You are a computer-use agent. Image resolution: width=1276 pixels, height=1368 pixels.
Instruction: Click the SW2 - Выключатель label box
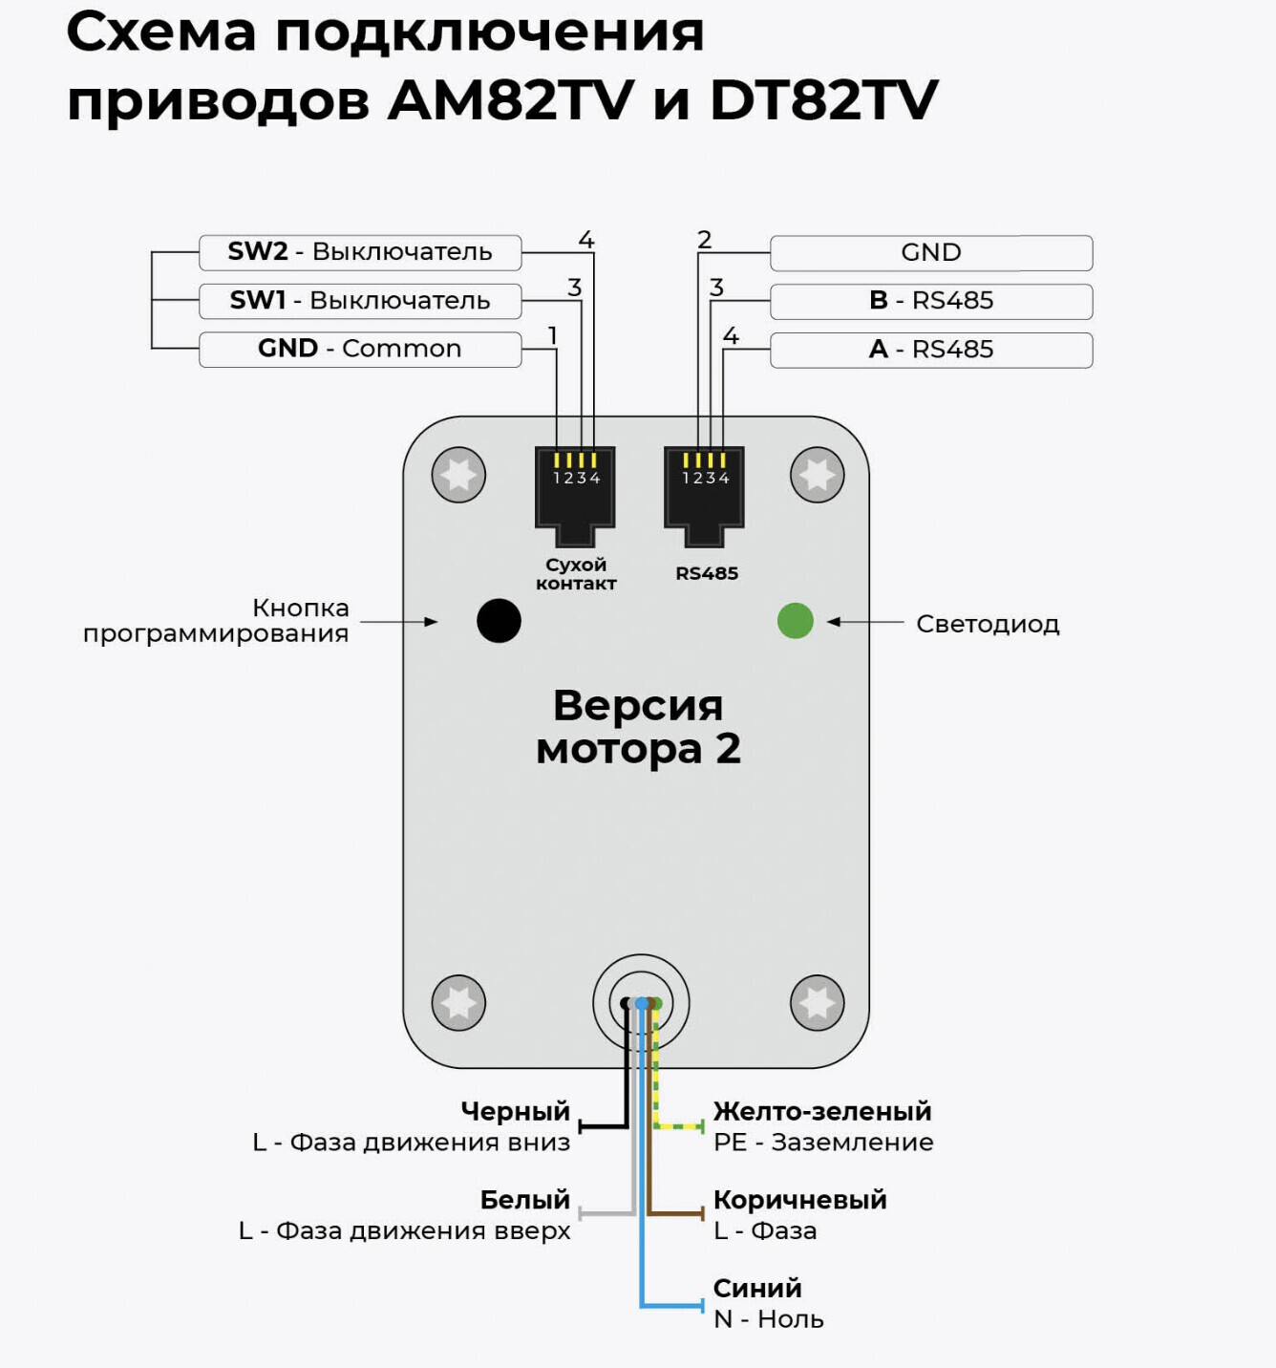(x=360, y=252)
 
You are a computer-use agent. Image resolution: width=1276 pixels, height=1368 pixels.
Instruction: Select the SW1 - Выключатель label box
(x=360, y=301)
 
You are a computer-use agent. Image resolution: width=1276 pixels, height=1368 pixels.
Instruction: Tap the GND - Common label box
(x=360, y=349)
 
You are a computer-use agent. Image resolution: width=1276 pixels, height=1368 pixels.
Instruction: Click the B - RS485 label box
(x=931, y=301)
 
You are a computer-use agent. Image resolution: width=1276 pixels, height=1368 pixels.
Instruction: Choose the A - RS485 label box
(x=931, y=350)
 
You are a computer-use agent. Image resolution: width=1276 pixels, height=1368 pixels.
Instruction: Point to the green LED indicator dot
(x=796, y=621)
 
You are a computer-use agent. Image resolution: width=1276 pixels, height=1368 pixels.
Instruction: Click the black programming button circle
(x=499, y=621)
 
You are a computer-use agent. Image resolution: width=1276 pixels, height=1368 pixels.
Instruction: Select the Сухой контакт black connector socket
(x=575, y=492)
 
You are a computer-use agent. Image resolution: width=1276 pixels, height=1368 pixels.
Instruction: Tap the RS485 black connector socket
(x=704, y=492)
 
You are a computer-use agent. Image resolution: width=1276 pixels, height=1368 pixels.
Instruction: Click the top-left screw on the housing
(x=458, y=475)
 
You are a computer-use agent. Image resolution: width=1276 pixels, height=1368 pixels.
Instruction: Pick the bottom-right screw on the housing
(x=818, y=1003)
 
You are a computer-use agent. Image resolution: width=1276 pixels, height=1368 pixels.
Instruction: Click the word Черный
(x=515, y=1111)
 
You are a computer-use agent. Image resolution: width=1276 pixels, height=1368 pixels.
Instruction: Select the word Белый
(x=524, y=1200)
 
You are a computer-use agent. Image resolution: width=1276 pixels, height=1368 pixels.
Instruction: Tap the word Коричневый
(x=799, y=1200)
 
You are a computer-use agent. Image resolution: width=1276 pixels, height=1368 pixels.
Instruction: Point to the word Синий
(x=757, y=1288)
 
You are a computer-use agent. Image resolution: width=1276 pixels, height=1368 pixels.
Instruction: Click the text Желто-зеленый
(x=821, y=1111)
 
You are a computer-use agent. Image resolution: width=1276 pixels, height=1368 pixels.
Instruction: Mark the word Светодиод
(x=988, y=624)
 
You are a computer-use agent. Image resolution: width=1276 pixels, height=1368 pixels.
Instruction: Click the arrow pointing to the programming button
(x=399, y=622)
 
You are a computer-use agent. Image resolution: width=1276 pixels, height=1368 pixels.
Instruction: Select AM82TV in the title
(x=510, y=99)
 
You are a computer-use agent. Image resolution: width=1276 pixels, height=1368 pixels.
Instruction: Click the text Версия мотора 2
(x=638, y=727)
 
